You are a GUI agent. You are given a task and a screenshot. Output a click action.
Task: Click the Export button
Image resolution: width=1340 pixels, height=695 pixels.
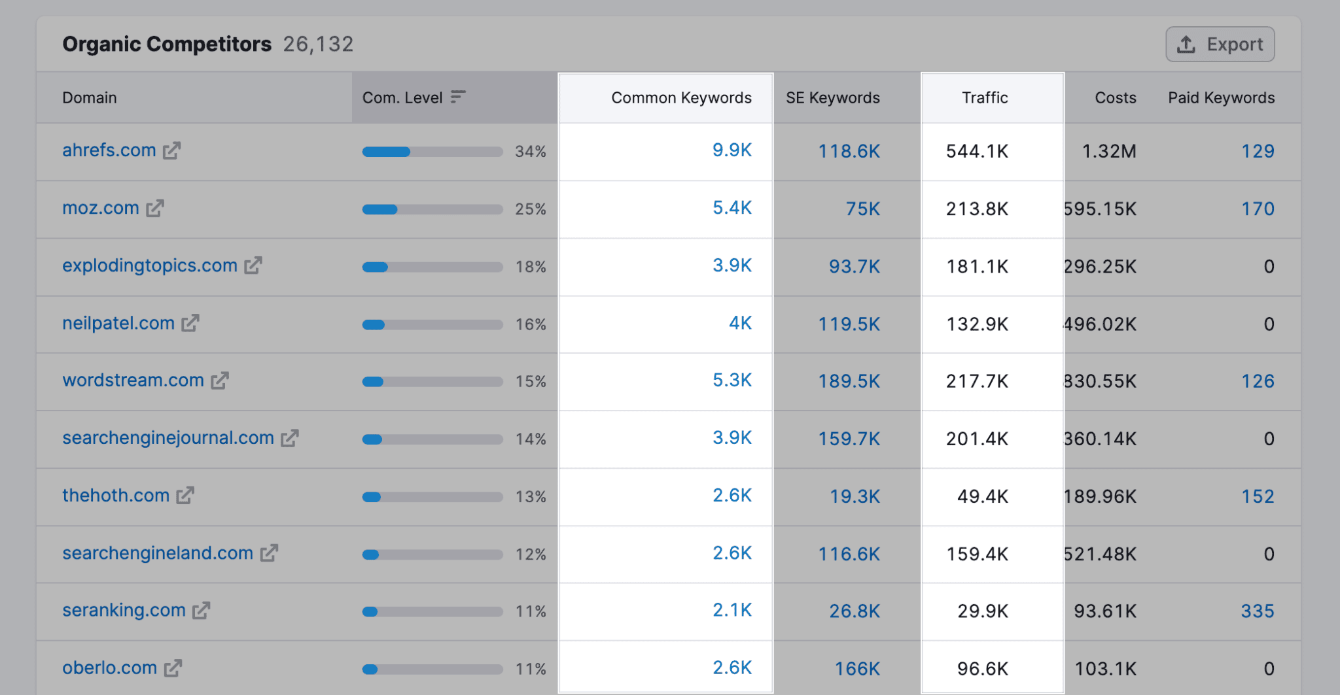pyautogui.click(x=1220, y=44)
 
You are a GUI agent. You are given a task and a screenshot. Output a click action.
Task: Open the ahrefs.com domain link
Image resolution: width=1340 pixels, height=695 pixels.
pyautogui.click(x=109, y=150)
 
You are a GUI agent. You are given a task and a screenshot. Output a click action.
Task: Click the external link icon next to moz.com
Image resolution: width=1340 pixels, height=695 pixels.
pyautogui.click(x=155, y=209)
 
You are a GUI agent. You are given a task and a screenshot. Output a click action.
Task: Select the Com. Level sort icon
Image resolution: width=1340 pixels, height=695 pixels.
pyautogui.click(x=458, y=97)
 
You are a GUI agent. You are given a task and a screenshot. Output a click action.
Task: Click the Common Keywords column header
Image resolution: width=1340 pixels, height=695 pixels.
pyautogui.click(x=680, y=98)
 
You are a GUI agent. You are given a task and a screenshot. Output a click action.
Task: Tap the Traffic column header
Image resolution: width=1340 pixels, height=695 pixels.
pyautogui.click(x=984, y=98)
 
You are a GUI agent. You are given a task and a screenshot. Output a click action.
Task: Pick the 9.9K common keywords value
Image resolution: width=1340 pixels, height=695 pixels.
pyautogui.click(x=732, y=150)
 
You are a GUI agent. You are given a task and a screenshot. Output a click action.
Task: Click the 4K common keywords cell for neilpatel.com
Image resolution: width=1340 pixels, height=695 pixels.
pyautogui.click(x=740, y=323)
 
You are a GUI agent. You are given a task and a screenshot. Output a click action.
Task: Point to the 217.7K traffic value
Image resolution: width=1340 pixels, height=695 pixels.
pyautogui.click(x=977, y=381)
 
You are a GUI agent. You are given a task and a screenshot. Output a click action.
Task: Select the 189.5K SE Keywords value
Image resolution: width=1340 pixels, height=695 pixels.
pyautogui.click(x=849, y=381)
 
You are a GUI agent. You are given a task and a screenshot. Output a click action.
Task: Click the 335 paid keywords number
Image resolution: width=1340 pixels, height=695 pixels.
pyautogui.click(x=1257, y=611)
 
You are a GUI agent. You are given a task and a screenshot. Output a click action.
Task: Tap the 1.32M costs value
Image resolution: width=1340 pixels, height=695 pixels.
pyautogui.click(x=1108, y=152)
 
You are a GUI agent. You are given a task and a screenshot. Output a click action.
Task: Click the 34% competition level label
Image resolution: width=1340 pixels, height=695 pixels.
pyautogui.click(x=530, y=152)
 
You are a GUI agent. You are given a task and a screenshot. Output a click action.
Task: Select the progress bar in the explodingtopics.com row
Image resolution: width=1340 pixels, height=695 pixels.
pyautogui.click(x=432, y=267)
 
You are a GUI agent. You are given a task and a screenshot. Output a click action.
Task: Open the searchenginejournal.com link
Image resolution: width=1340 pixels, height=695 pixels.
pyautogui.click(x=167, y=438)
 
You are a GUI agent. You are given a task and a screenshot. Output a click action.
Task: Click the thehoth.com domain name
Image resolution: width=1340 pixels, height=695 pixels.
pyautogui.click(x=116, y=496)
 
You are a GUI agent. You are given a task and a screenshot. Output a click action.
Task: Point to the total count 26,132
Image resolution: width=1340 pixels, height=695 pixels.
pyautogui.click(x=318, y=44)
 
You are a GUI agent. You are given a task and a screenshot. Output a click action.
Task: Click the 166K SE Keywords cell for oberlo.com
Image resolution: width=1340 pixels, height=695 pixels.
pyautogui.click(x=856, y=669)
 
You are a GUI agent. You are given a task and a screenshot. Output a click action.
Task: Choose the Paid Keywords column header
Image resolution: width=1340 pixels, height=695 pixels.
pyautogui.click(x=1221, y=98)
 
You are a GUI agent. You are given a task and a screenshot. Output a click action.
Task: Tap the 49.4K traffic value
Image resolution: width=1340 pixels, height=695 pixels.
pyautogui.click(x=982, y=496)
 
